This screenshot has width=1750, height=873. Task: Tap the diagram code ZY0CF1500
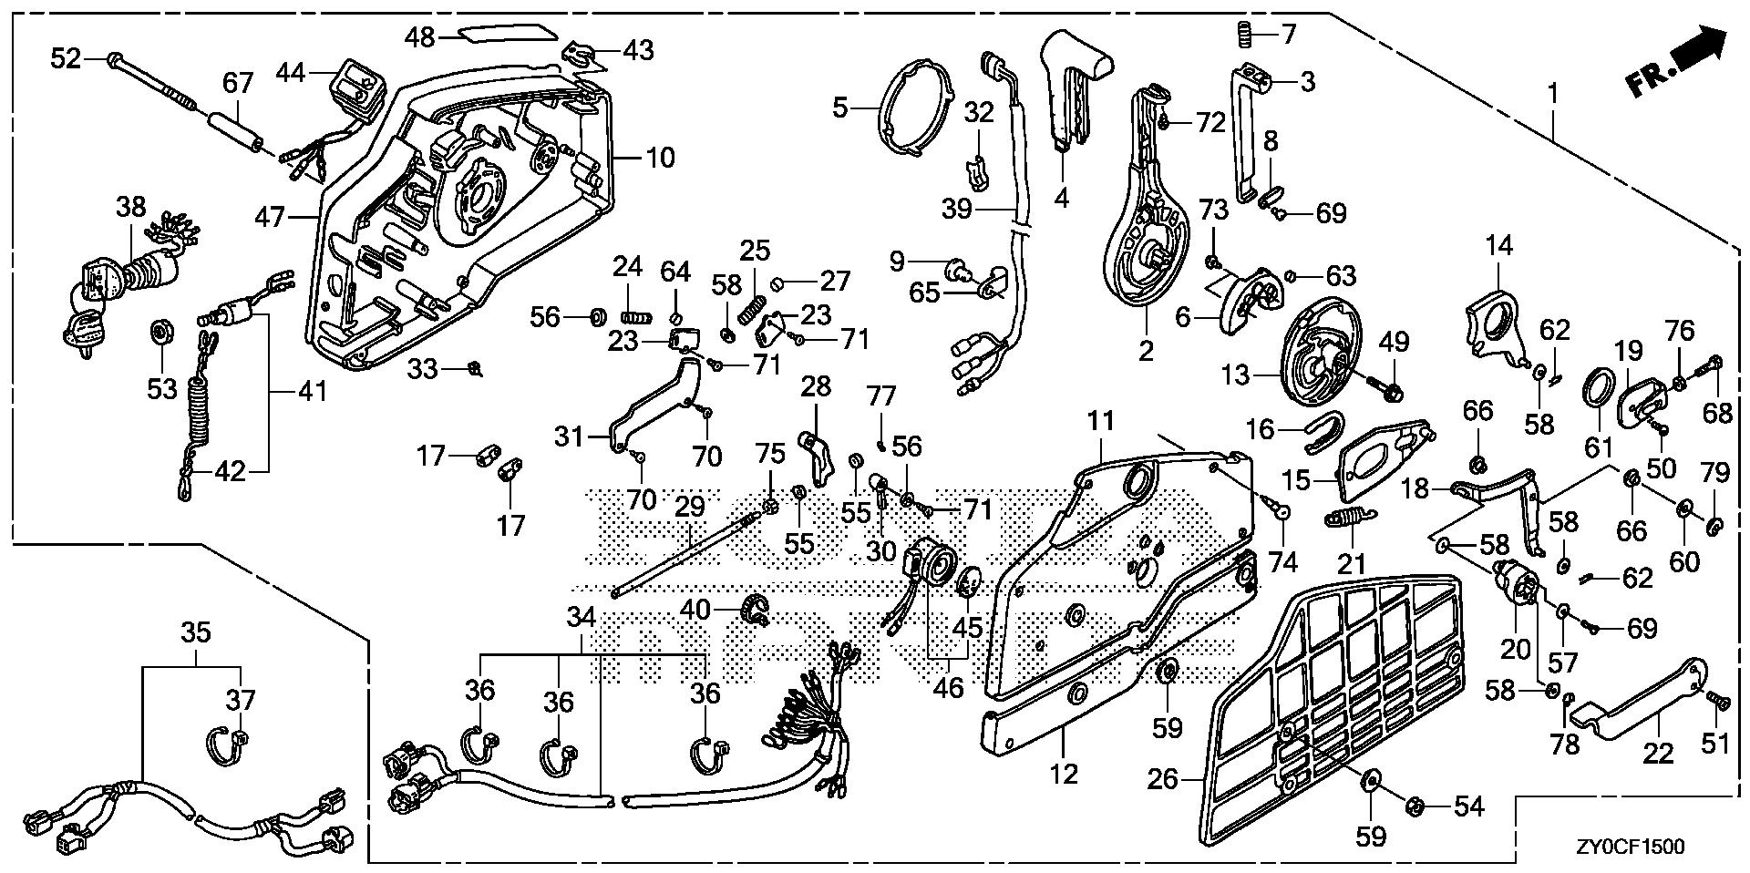coord(1626,847)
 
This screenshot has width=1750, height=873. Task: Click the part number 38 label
coord(131,207)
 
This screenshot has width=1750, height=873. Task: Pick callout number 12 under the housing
coord(1064,774)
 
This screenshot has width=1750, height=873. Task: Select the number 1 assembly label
coord(1552,93)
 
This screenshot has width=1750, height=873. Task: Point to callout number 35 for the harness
coord(196,632)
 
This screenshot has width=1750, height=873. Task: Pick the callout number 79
coord(1715,473)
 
